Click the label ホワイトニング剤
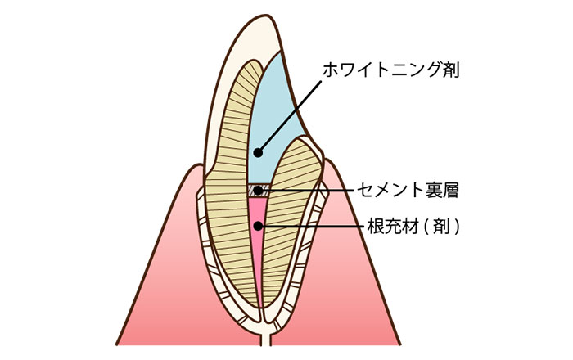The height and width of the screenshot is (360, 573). coord(390,70)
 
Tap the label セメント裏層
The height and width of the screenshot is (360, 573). coord(408,190)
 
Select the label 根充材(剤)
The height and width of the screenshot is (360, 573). coord(413,227)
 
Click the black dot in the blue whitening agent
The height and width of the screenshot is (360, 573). coord(259,153)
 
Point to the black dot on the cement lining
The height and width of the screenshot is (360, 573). coord(259,190)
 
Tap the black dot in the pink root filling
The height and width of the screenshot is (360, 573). coord(259,227)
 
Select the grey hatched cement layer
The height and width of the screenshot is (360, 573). coord(259,191)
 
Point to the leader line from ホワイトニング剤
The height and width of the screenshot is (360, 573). coord(290,116)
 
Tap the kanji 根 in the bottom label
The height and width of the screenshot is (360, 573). coord(376,227)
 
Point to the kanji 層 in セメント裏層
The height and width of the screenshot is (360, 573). coord(450,190)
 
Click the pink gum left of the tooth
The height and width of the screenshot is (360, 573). coord(160,277)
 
